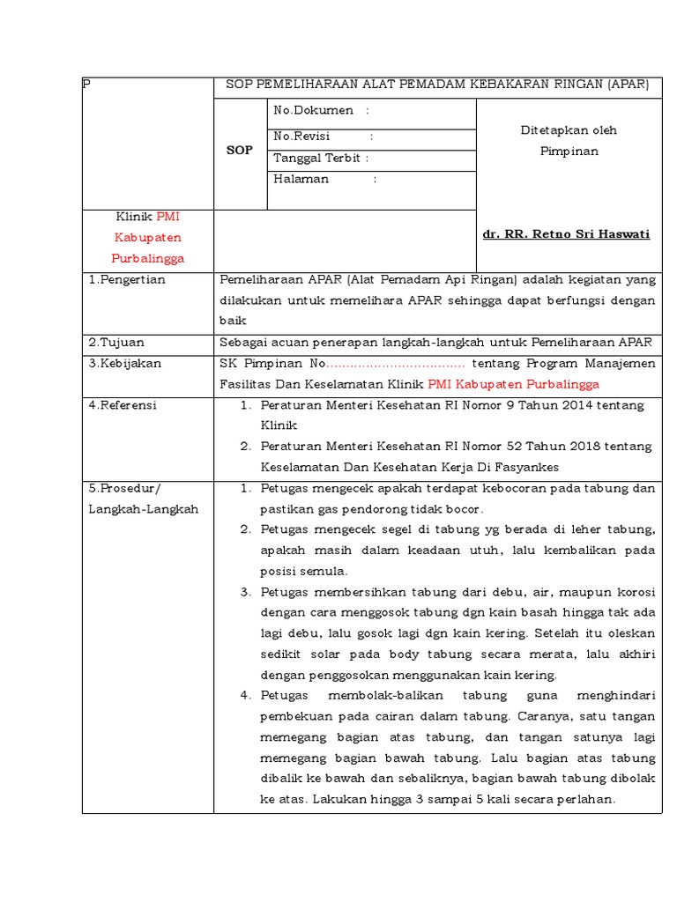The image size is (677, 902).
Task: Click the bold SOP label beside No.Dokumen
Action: point(240,151)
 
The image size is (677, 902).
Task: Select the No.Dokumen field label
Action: point(314,110)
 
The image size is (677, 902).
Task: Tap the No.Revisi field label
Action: point(301,137)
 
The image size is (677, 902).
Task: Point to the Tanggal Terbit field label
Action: point(316,159)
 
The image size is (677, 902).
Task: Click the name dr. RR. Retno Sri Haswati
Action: point(566,234)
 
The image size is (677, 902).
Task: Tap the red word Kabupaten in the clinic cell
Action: point(148,238)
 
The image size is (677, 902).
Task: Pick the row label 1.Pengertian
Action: point(127,280)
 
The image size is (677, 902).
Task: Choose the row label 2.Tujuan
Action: point(117,342)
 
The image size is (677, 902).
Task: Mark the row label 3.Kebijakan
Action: point(125,363)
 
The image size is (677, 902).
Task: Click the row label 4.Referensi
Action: point(123,405)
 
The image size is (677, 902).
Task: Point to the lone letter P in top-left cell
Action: point(86,85)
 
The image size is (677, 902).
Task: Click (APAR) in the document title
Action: point(628,85)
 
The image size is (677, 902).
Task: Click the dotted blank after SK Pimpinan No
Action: point(397,364)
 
